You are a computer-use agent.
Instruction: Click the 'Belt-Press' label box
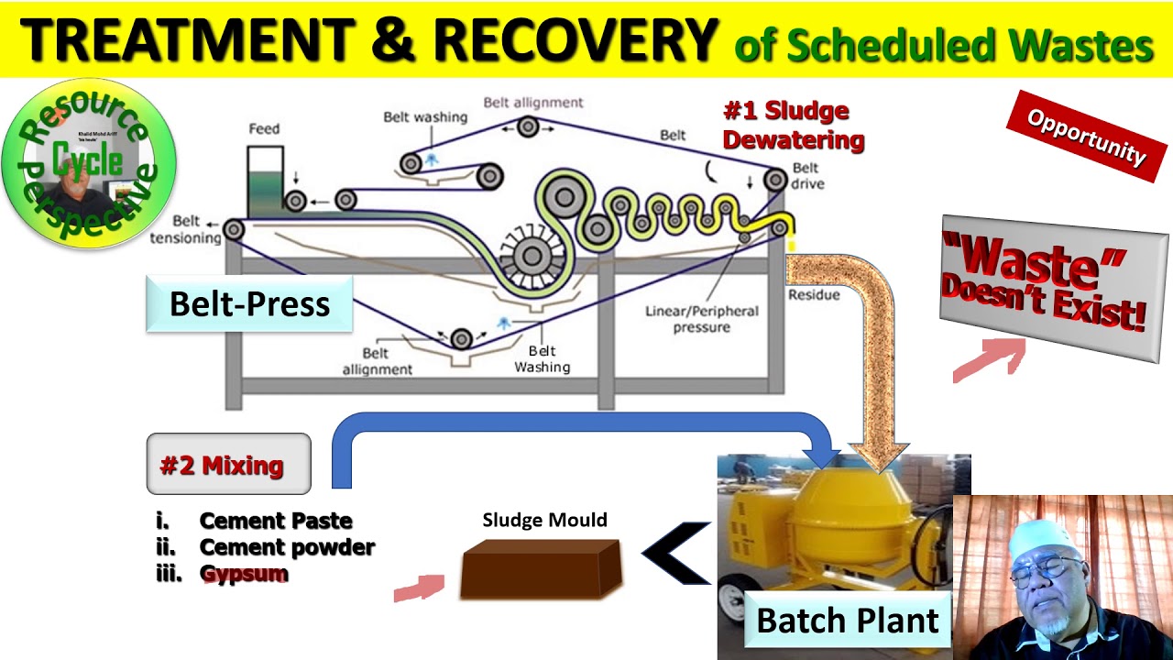[x=249, y=304]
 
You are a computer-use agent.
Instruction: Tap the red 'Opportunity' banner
[x=1086, y=136]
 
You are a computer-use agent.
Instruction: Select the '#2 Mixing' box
[x=228, y=465]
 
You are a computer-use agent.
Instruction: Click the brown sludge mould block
[x=541, y=568]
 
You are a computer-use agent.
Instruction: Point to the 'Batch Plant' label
[x=847, y=621]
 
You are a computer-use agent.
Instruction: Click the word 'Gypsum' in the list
[x=244, y=574]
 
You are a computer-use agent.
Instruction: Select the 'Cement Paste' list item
[x=275, y=521]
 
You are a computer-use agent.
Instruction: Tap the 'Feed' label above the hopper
[x=264, y=129]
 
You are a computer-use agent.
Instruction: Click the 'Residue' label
[x=813, y=295]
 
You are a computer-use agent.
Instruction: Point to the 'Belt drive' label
[x=807, y=176]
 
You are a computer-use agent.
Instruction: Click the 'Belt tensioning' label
[x=196, y=230]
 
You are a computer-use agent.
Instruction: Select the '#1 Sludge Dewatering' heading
[x=794, y=126]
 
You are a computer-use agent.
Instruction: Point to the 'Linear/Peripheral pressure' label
[x=701, y=319]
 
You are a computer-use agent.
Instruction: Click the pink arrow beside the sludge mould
[x=419, y=588]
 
